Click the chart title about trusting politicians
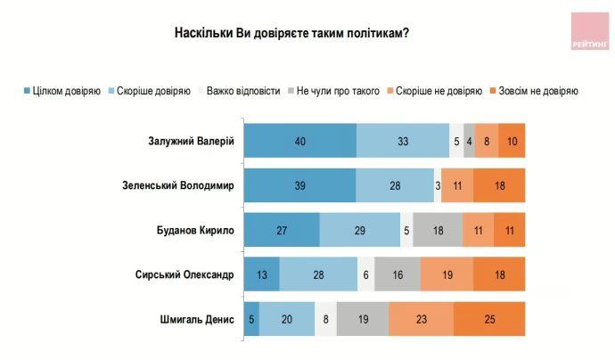point(291,33)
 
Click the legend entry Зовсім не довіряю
point(532,90)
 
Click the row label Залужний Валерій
point(191,140)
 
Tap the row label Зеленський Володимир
point(177,184)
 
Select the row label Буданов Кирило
point(193,229)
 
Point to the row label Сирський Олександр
point(184,274)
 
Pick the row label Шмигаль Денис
point(196,318)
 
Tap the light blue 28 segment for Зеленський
point(394,184)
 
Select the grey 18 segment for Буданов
point(438,229)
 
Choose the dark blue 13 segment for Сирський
point(261,274)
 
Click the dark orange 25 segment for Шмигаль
point(489,318)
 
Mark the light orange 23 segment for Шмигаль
point(421,318)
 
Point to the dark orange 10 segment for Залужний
point(512,140)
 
